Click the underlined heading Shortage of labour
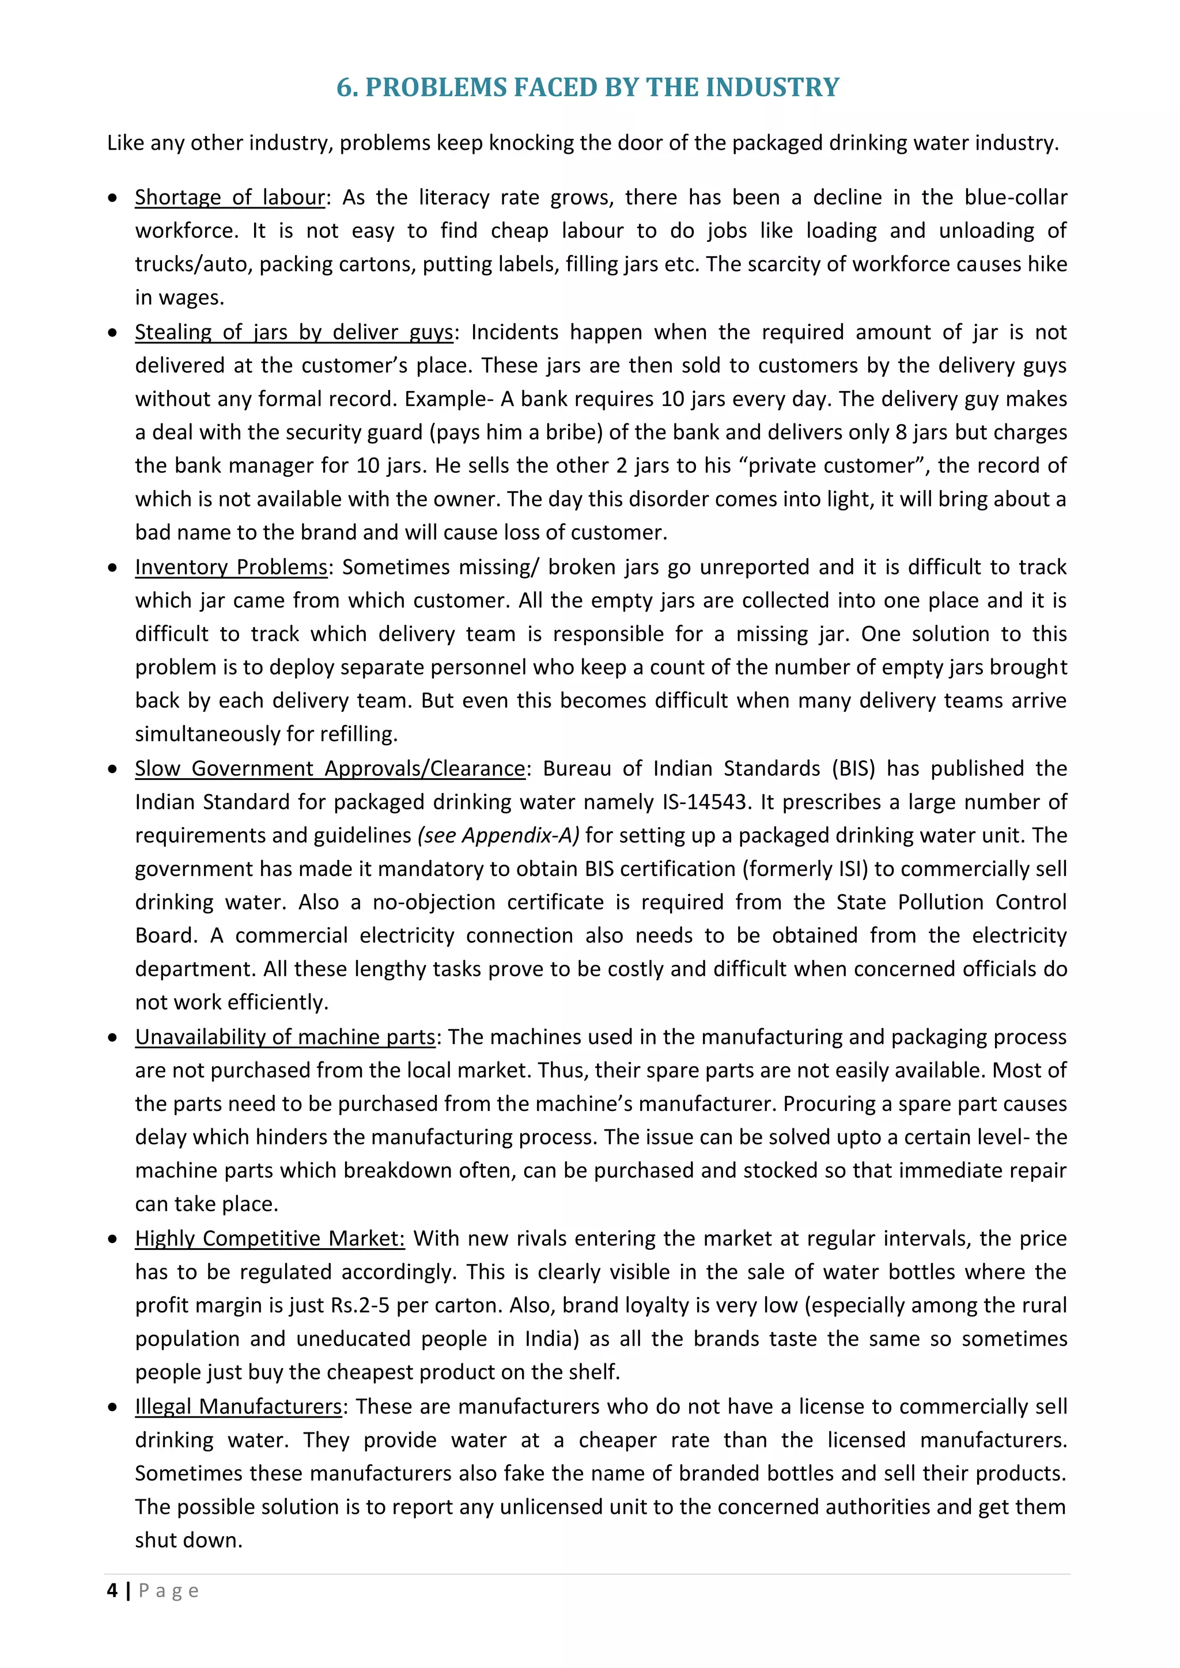pyautogui.click(x=230, y=198)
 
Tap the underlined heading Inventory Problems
pyautogui.click(x=231, y=567)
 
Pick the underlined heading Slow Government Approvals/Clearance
pyautogui.click(x=330, y=768)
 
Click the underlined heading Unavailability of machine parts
pyautogui.click(x=285, y=1037)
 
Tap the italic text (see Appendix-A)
pyautogui.click(x=498, y=836)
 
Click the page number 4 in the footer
pyautogui.click(x=112, y=1591)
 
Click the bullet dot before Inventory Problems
pyautogui.click(x=112, y=567)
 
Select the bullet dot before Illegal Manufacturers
pyautogui.click(x=112, y=1407)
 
